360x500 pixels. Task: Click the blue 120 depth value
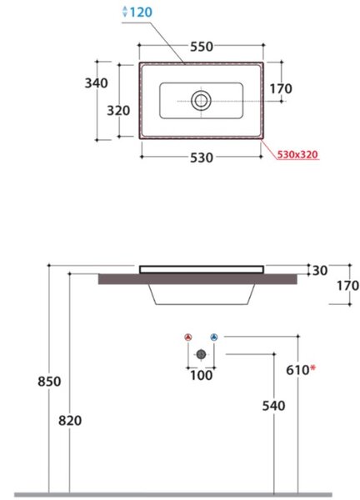click(141, 12)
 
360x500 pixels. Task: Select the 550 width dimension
click(202, 47)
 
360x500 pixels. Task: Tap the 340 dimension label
click(96, 83)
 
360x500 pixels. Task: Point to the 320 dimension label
click(118, 111)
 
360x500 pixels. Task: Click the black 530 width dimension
click(202, 157)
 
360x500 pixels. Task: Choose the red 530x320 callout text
click(297, 154)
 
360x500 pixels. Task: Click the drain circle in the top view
click(201, 101)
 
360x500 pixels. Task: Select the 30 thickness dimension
click(320, 270)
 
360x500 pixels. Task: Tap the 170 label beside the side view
click(347, 285)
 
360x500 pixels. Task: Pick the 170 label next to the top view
click(281, 88)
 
